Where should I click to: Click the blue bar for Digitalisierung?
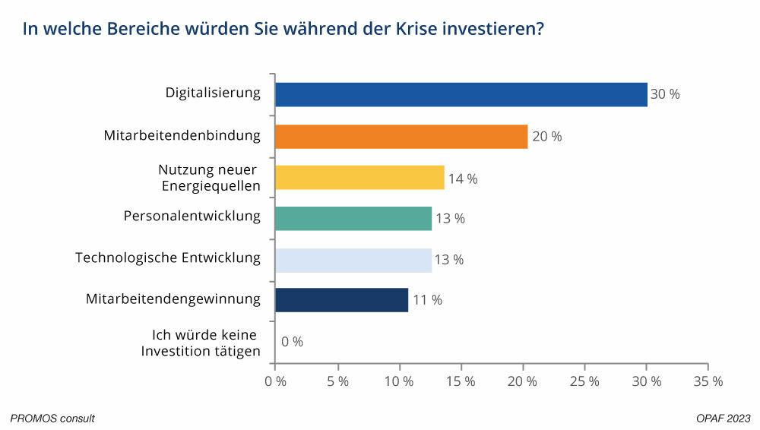[x=461, y=95]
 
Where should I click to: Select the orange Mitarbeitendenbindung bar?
[x=401, y=137]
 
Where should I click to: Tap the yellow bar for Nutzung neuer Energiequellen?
[x=359, y=178]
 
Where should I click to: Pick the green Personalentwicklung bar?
[x=353, y=218]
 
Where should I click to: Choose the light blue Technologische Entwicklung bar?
[x=353, y=259]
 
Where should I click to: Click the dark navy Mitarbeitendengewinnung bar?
[x=341, y=299]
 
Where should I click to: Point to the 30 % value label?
[x=665, y=95]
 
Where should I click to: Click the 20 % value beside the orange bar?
[x=546, y=137]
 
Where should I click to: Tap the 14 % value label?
[x=462, y=179]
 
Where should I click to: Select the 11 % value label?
[x=426, y=300]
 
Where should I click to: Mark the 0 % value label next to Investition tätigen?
[x=292, y=342]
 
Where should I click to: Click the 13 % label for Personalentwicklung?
[x=449, y=219]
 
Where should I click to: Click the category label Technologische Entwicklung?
[x=168, y=258]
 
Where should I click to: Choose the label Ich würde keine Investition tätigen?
[x=201, y=342]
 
